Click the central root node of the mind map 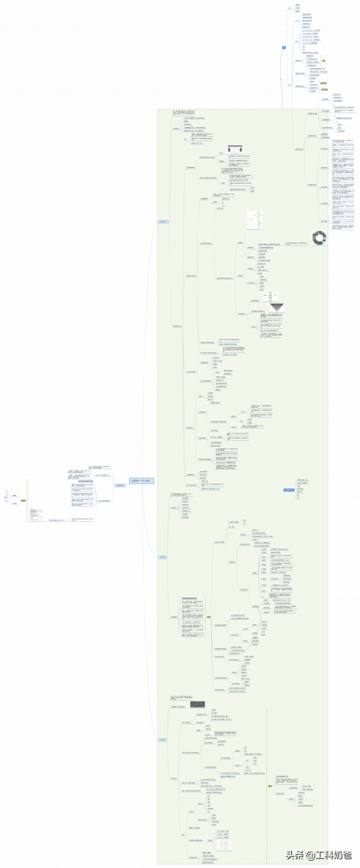pos(142,480)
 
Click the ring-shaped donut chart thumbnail pos(319,238)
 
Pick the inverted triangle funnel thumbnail pos(277,307)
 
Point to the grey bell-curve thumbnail pos(197,704)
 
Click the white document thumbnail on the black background pos(37,514)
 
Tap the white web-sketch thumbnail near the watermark pos(224,844)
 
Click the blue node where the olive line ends pos(284,47)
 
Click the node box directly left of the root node pos(120,485)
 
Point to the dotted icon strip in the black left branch pos(86,480)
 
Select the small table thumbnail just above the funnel pos(271,296)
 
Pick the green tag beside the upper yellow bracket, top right pos(323,61)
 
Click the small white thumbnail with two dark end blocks pos(235,149)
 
